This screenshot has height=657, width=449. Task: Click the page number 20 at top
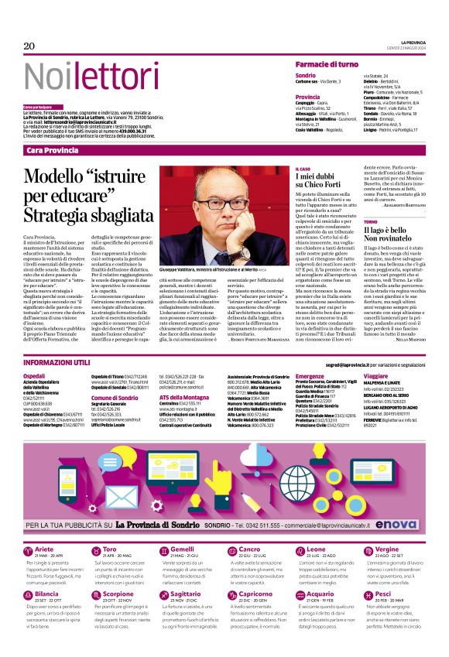29,46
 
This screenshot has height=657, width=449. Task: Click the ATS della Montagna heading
183,397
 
